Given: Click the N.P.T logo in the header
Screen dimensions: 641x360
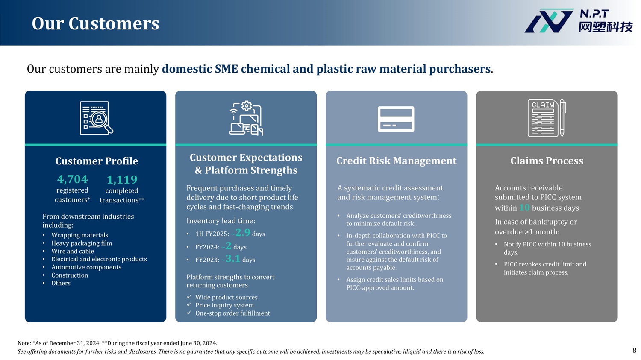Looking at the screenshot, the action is (x=578, y=21).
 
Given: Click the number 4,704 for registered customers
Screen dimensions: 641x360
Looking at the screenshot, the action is (x=72, y=179).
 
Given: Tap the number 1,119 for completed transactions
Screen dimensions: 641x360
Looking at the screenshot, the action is (x=122, y=179).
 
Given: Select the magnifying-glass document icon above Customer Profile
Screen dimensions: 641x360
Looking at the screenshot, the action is (x=97, y=118).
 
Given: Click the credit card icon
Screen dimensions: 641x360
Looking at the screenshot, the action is (x=396, y=119).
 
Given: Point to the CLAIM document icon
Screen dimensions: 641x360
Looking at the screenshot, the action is (x=547, y=118).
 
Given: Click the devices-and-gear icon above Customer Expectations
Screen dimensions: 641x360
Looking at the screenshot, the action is (x=246, y=118).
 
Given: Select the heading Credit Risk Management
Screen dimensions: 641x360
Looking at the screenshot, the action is (x=396, y=161).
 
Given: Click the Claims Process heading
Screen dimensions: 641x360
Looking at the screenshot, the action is (x=547, y=161).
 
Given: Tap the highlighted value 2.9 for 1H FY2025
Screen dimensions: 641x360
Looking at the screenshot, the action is (x=243, y=232).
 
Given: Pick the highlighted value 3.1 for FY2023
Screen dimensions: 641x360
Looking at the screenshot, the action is (x=233, y=258).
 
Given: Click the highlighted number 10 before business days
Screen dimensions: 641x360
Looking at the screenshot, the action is (x=524, y=207).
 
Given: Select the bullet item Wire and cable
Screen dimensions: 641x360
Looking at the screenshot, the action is (x=73, y=251).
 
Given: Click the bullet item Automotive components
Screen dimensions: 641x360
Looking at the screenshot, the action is (x=86, y=267).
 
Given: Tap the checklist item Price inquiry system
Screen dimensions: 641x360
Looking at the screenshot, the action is (x=224, y=305).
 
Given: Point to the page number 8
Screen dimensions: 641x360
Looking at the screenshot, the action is (x=634, y=350).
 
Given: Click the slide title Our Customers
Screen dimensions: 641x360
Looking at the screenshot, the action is (x=95, y=23).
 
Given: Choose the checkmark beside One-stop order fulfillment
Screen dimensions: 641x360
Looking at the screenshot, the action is (x=189, y=313).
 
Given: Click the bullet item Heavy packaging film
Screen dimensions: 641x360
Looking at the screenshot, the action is (x=82, y=243).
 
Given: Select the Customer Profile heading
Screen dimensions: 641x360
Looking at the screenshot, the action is (x=97, y=161).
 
